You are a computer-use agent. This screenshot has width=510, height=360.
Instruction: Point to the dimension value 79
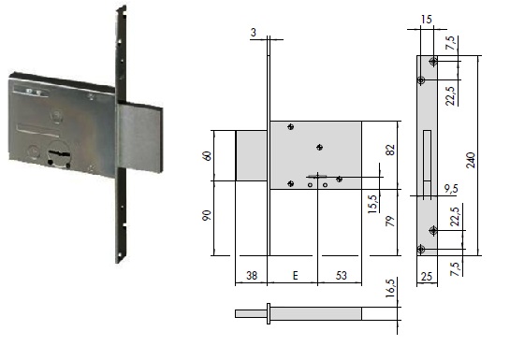(391, 223)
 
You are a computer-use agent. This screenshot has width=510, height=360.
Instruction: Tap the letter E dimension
(295, 276)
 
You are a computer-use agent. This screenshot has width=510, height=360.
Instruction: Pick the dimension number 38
(251, 276)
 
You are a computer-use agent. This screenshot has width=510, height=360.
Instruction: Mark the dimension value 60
(208, 155)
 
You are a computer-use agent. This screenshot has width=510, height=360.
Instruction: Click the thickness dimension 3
(254, 34)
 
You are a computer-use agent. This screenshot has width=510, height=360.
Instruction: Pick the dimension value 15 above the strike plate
(426, 19)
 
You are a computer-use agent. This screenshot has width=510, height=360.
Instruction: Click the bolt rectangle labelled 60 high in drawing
(252, 155)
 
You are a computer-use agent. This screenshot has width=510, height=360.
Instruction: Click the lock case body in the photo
(61, 126)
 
